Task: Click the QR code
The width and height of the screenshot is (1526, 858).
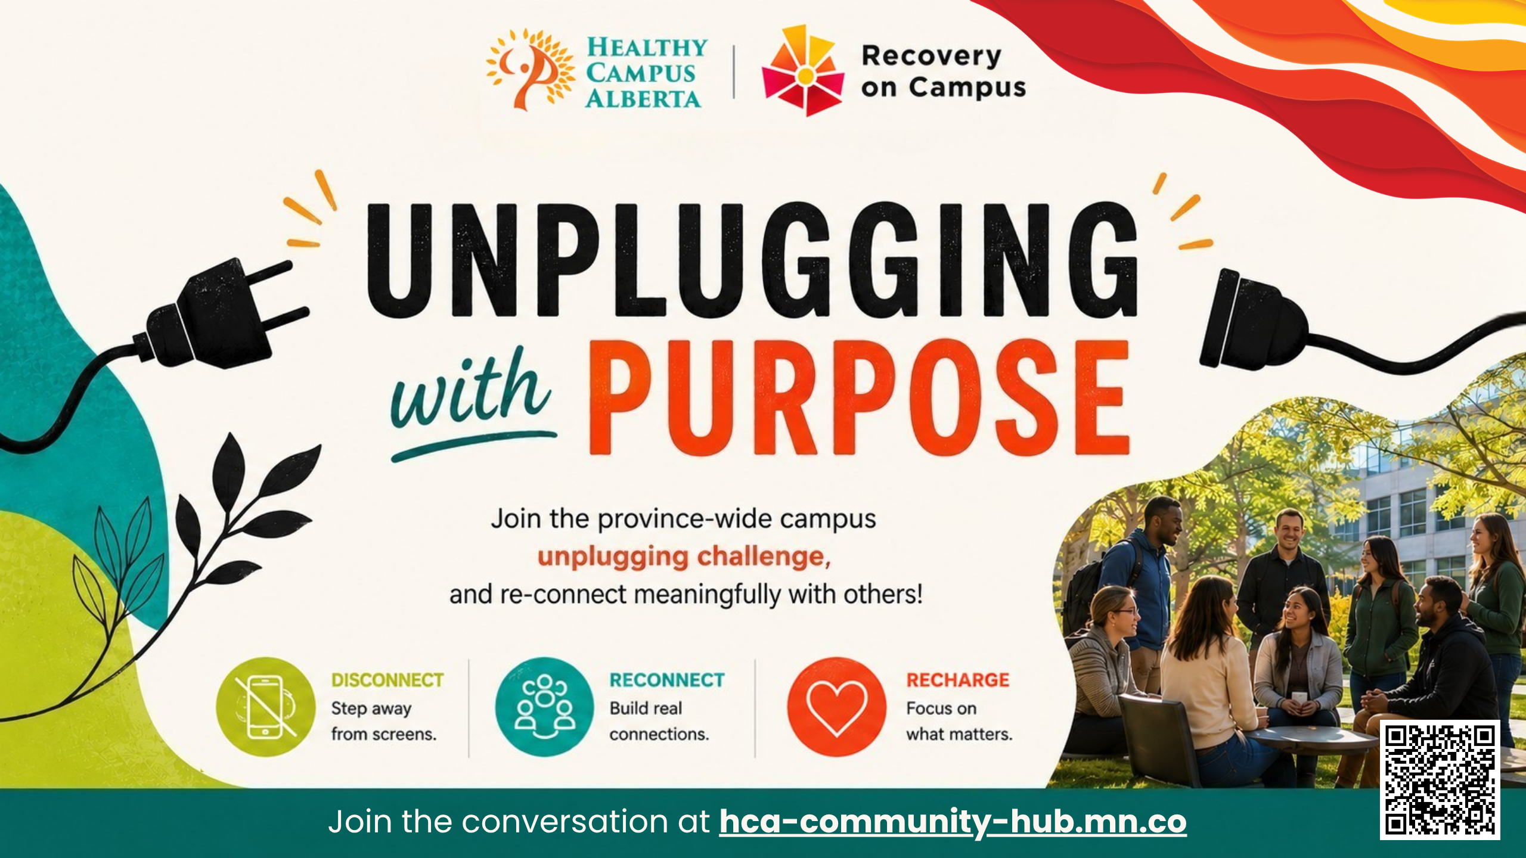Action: [1440, 779]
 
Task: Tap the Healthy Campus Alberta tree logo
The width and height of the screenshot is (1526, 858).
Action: [529, 70]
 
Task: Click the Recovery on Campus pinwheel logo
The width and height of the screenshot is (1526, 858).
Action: [803, 70]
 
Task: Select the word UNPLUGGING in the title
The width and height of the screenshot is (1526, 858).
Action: [752, 260]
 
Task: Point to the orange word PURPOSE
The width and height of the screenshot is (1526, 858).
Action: [859, 397]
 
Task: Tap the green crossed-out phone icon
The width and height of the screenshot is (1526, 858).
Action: [265, 707]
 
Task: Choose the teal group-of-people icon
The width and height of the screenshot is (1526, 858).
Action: [544, 707]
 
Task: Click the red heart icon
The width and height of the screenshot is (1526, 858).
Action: [836, 707]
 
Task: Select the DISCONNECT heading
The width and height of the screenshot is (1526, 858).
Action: [387, 680]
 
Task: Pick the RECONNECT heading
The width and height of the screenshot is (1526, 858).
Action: [667, 680]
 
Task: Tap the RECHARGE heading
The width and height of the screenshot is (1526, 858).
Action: [958, 680]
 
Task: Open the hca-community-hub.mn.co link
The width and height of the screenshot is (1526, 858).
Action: [953, 822]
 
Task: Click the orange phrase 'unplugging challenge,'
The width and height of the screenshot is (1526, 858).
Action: [684, 557]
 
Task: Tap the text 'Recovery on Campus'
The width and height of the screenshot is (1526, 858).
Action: [943, 71]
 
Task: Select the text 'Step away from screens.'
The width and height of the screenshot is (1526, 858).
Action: [384, 721]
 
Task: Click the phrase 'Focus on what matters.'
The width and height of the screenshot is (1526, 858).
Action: [959, 721]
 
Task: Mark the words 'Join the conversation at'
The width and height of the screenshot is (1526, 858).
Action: [519, 822]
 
